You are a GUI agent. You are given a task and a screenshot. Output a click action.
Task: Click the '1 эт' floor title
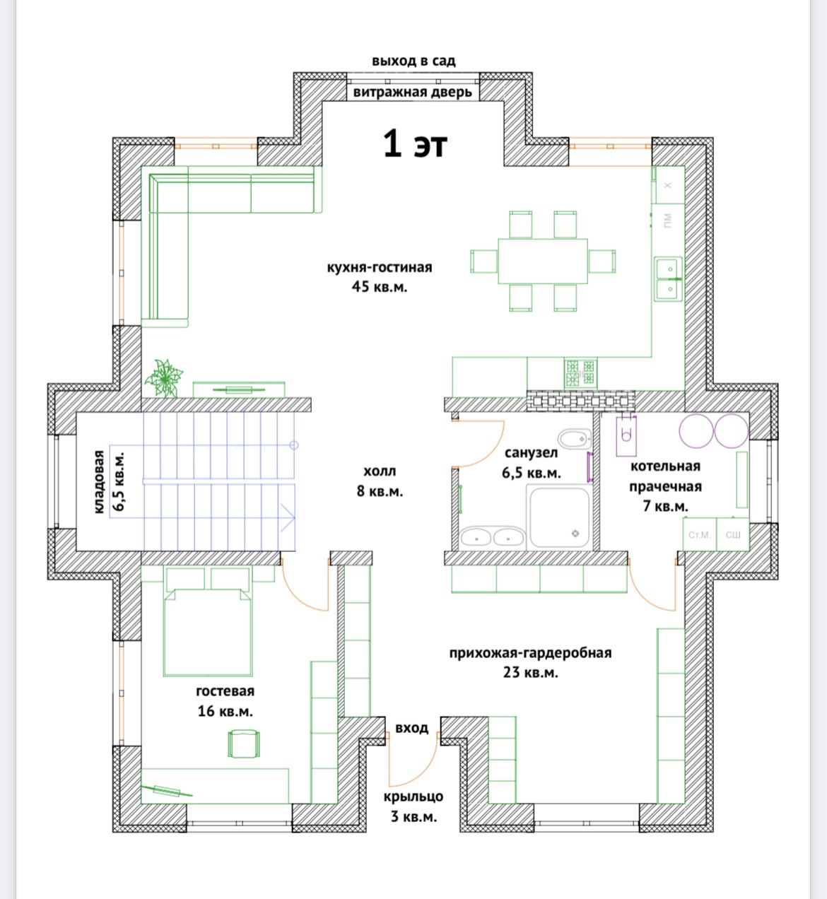click(x=415, y=144)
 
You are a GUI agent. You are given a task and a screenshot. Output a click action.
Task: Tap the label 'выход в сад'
click(x=413, y=61)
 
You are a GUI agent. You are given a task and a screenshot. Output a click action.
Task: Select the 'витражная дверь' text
click(x=412, y=93)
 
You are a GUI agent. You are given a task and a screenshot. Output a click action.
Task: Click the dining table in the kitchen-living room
click(x=543, y=262)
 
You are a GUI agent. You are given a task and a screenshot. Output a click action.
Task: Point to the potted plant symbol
click(x=164, y=379)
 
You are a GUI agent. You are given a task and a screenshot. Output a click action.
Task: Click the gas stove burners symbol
click(x=581, y=373)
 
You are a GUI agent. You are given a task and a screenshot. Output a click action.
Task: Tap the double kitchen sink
click(x=669, y=278)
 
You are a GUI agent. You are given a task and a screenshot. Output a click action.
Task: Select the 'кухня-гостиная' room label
click(x=379, y=268)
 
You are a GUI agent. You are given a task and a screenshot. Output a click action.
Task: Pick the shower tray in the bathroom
click(x=560, y=517)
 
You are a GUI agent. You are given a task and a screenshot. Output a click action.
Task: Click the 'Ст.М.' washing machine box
click(x=700, y=534)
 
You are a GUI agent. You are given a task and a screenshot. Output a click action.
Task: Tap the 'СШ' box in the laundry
click(x=733, y=534)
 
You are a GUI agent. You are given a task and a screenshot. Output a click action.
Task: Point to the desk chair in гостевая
click(x=244, y=744)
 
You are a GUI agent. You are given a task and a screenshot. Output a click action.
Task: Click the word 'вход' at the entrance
click(x=411, y=728)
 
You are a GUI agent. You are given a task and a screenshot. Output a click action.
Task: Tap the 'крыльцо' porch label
click(x=413, y=797)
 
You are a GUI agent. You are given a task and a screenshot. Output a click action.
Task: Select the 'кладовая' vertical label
click(x=99, y=482)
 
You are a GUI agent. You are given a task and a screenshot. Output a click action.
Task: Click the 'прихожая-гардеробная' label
click(x=530, y=653)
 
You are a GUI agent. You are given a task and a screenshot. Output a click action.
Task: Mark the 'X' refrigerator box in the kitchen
click(x=668, y=185)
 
